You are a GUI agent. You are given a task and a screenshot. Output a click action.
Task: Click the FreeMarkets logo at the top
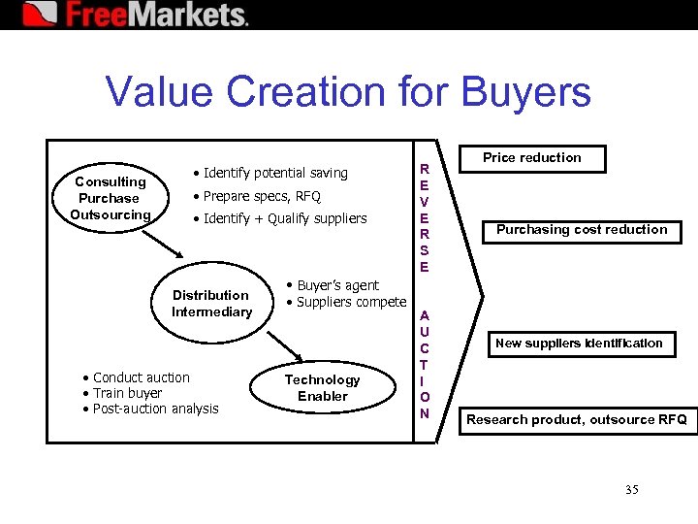136,15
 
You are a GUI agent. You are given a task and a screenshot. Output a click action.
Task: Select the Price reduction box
532,158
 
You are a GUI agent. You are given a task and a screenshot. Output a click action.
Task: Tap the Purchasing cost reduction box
582,230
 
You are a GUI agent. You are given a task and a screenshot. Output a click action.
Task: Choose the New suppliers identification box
579,343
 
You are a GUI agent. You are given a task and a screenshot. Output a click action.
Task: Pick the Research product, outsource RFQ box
576,419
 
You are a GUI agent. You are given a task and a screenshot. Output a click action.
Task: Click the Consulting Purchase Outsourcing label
111,198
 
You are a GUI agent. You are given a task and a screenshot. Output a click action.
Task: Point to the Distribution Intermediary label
211,303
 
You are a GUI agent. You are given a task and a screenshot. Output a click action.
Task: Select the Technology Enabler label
322,387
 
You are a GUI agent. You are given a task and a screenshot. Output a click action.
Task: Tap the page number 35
631,489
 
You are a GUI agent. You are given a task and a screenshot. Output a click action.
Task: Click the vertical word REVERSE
424,217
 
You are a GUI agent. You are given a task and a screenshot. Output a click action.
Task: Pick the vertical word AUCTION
424,364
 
